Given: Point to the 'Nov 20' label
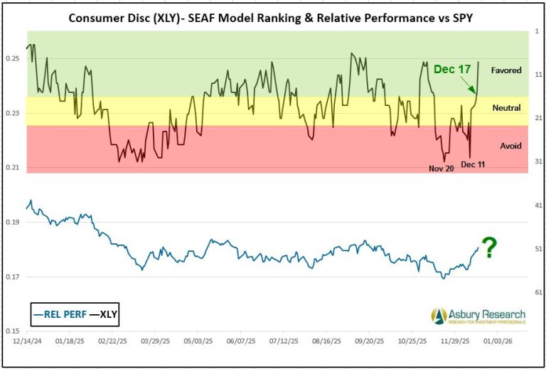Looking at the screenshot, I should [441, 169].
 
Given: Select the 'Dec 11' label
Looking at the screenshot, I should [473, 164].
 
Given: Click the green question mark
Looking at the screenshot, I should [489, 247].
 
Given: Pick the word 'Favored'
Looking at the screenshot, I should [505, 70].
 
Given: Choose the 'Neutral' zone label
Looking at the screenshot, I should [506, 108].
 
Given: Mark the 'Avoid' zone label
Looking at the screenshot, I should [510, 146].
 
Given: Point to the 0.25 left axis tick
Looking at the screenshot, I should [14, 58].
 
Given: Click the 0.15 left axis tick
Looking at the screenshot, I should [14, 331].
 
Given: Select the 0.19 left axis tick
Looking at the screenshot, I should [14, 222].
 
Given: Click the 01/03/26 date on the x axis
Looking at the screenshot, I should [496, 341].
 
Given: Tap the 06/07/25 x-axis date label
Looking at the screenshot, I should [240, 341].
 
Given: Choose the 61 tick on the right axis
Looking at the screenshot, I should [538, 292].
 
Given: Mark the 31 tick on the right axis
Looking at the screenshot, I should [538, 161].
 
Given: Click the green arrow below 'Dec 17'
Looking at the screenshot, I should [467, 86].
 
